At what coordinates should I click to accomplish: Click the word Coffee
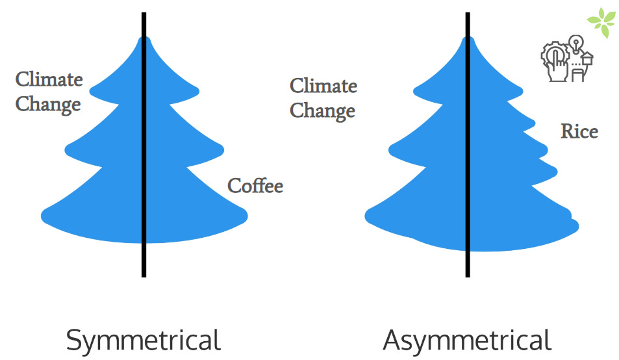[255, 186]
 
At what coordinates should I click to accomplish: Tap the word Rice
[579, 131]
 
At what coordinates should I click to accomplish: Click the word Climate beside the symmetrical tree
[49, 80]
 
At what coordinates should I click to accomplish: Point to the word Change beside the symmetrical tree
[48, 104]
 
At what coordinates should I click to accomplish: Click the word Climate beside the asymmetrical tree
[323, 86]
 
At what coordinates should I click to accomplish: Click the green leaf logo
[601, 23]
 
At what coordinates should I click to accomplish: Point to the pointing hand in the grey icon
[557, 68]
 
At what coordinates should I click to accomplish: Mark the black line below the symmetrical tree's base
[144, 260]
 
